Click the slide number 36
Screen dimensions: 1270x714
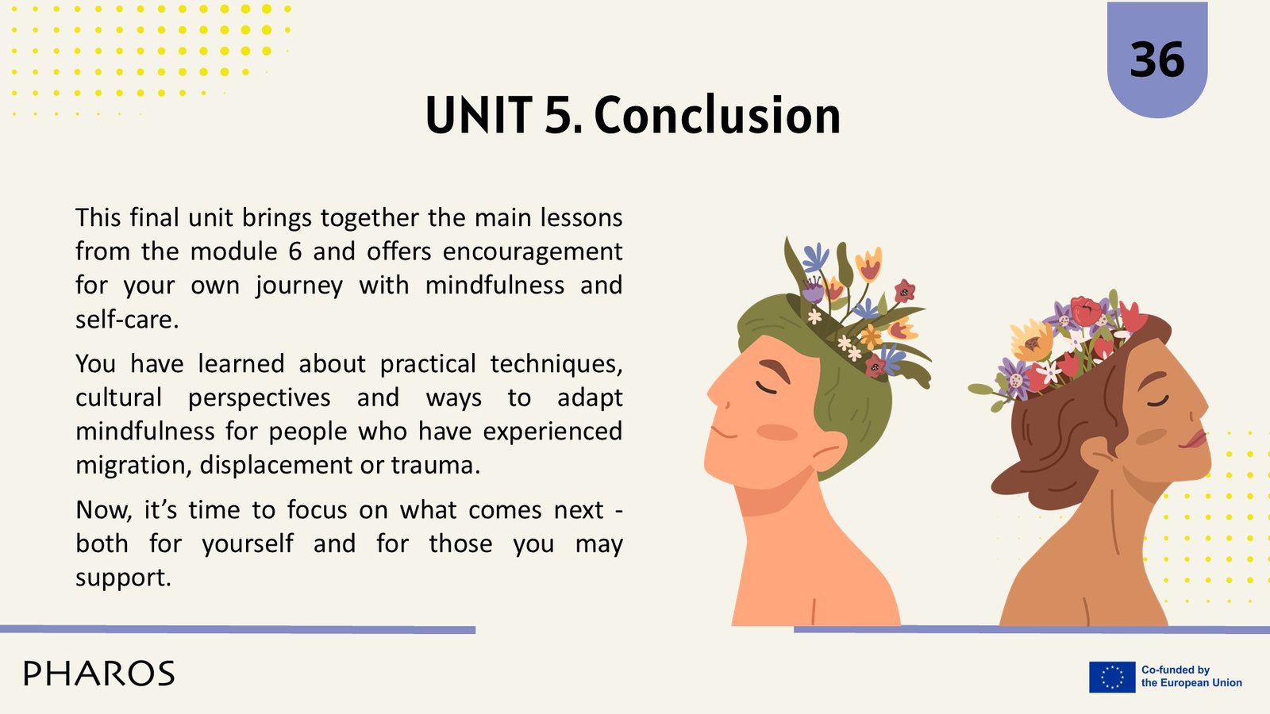pos(1157,59)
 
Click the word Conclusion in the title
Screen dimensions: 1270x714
pos(718,116)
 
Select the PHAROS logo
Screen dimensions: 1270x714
pos(99,674)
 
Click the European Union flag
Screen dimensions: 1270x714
pos(1112,677)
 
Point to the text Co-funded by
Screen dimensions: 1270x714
pos(1176,670)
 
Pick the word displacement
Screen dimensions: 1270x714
pos(276,466)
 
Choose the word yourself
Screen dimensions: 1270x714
pos(248,544)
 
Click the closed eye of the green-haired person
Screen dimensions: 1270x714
pos(767,389)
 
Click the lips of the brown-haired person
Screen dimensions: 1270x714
pos(1195,440)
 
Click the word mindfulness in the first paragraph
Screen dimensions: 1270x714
pos(495,286)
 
